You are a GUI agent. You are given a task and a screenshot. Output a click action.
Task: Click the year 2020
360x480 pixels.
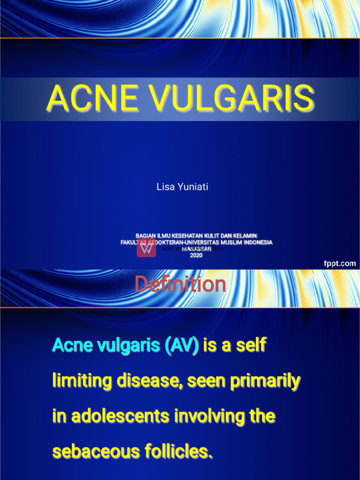point(196,255)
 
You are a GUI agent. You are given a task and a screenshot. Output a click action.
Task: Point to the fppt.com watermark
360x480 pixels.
point(339,263)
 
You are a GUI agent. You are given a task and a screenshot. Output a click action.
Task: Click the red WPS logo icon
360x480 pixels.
point(146,248)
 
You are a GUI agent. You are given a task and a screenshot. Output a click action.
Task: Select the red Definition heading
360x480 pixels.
point(180,285)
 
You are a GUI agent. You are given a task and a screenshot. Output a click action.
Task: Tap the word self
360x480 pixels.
point(251,345)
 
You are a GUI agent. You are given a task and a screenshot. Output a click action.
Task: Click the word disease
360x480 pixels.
point(150,381)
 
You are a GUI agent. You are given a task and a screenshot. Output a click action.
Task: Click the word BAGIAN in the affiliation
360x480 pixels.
point(145,235)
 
